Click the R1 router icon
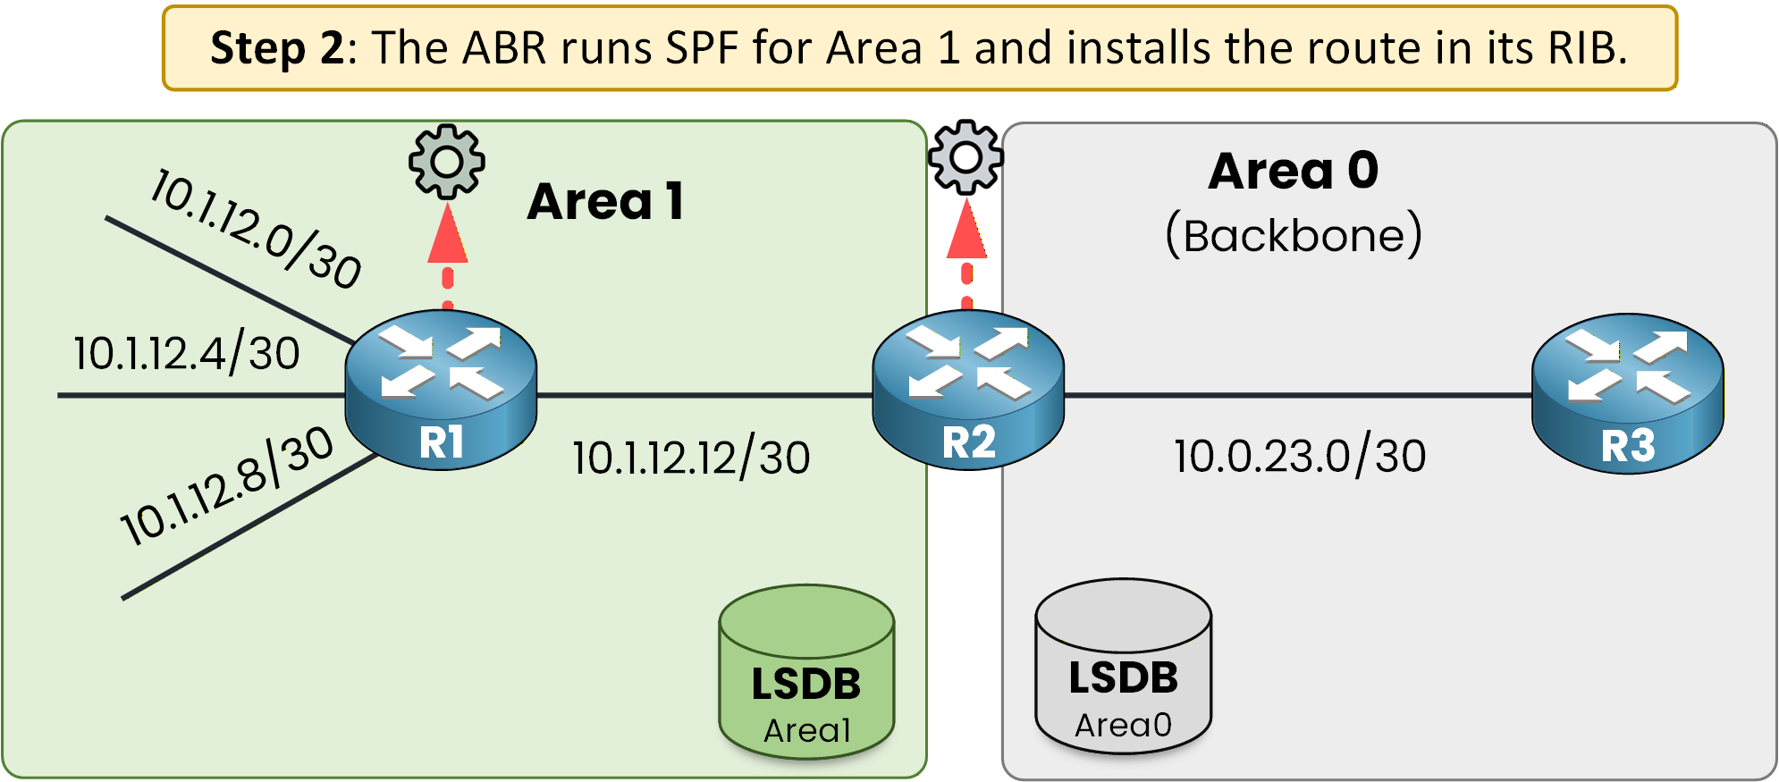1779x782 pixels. (441, 388)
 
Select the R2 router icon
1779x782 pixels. (968, 388)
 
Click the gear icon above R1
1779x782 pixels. (447, 162)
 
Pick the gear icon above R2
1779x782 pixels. (965, 157)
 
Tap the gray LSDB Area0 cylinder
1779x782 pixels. (1124, 667)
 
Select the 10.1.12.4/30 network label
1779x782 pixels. (187, 354)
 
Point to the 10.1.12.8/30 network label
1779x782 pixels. (227, 486)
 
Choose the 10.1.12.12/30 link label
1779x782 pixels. (691, 458)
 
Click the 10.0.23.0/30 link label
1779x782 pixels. (1300, 457)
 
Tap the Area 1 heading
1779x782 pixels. (606, 202)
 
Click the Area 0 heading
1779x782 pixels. (1294, 171)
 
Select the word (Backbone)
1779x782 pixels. (1294, 236)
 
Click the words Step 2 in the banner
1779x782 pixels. (276, 48)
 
